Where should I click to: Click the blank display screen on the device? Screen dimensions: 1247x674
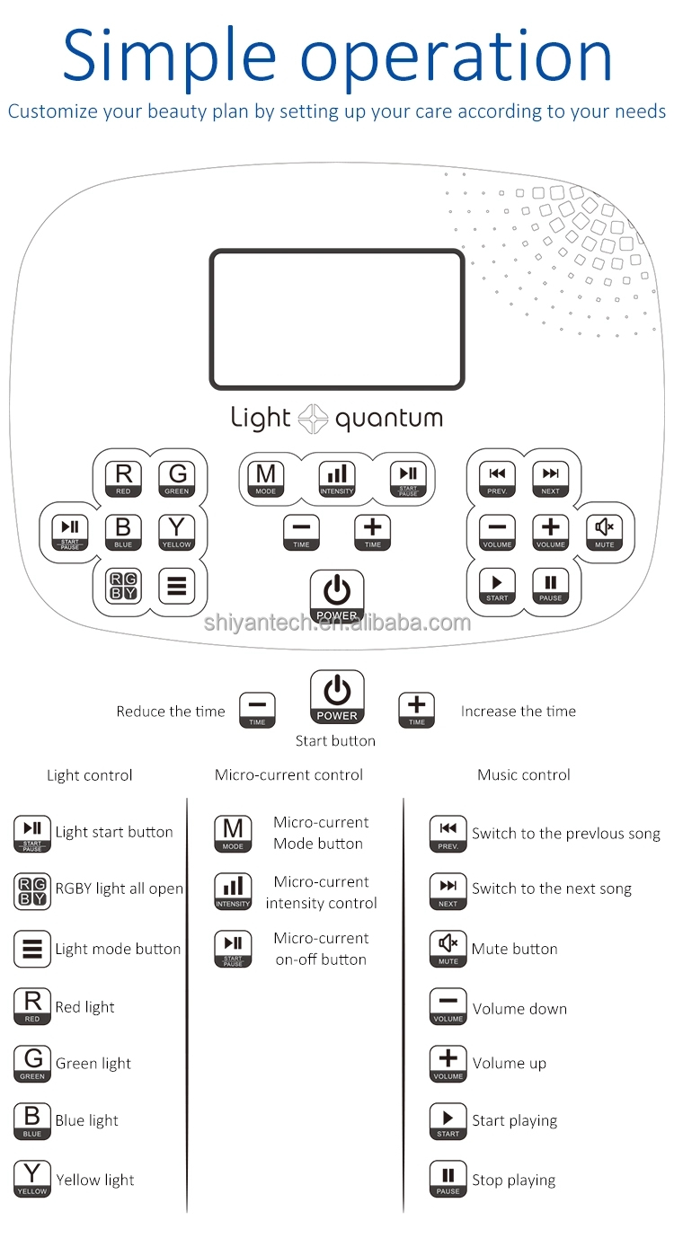[x=337, y=319]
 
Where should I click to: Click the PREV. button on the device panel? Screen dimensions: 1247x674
[x=497, y=478]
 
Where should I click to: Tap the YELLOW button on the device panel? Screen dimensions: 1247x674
[x=177, y=532]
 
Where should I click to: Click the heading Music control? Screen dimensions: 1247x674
[x=524, y=774]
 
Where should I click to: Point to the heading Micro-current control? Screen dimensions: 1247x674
[x=289, y=774]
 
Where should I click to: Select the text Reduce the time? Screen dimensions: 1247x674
[x=171, y=712]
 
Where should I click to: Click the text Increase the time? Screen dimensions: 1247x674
[x=519, y=712]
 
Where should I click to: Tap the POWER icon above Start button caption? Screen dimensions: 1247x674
[x=337, y=697]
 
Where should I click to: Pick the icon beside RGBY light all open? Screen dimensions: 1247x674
[x=32, y=890]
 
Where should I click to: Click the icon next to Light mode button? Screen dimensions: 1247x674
[x=32, y=950]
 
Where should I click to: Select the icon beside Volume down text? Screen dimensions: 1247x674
[x=448, y=1006]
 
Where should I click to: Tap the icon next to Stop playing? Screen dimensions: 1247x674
[x=448, y=1179]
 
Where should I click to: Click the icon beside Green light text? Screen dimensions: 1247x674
[x=32, y=1064]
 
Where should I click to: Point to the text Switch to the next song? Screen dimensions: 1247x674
[x=552, y=889]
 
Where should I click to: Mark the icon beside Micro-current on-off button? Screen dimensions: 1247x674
[x=233, y=949]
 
